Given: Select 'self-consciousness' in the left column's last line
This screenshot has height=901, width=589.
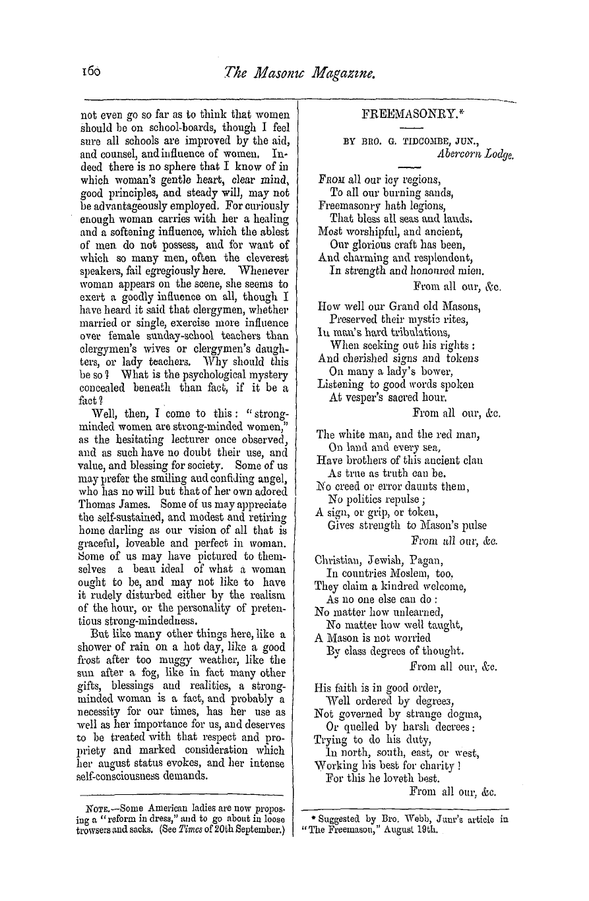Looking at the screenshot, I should [x=129, y=775].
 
